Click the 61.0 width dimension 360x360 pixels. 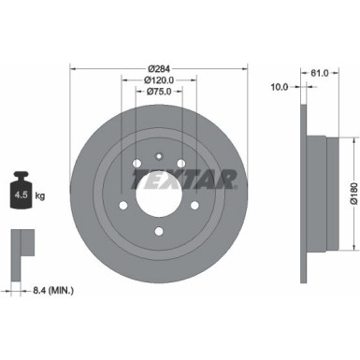[317, 71]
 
